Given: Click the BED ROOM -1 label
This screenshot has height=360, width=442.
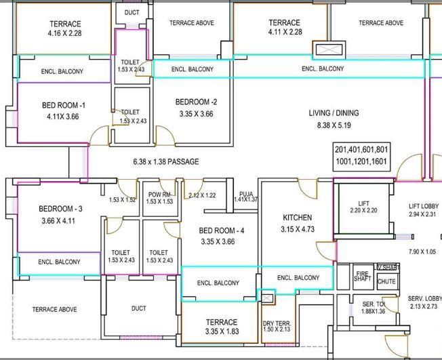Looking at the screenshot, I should (x=63, y=106).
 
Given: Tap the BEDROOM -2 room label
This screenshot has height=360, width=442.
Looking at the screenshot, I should (x=196, y=102).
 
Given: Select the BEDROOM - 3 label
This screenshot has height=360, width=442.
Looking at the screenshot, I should (x=60, y=209).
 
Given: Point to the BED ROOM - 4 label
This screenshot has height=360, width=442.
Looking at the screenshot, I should (x=218, y=231).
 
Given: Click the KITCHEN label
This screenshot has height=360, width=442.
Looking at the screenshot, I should (x=298, y=218).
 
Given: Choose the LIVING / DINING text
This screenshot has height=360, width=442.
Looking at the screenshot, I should (x=334, y=113).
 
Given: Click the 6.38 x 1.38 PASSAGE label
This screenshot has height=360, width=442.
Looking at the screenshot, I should (x=166, y=162).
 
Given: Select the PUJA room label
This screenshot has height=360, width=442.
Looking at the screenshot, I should (x=245, y=195).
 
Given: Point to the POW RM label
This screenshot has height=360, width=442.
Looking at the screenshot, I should (x=159, y=195).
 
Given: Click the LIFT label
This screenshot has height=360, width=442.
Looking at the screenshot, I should (x=363, y=204).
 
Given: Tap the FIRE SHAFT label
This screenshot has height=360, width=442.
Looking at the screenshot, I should (x=363, y=276).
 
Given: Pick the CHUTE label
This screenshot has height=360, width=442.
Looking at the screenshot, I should (x=386, y=281).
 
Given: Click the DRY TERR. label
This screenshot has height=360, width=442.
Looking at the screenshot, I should (x=276, y=323).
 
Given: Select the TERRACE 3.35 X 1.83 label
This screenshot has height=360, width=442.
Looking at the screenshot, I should (x=222, y=327).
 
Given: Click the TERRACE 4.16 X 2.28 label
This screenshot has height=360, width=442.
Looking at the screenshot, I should (x=64, y=28).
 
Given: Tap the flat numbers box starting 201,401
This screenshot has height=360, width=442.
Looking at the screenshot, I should (x=361, y=156).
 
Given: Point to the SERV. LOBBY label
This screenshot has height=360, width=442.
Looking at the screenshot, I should (x=424, y=299).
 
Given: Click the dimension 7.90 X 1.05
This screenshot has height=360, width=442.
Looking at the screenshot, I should (x=422, y=252).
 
